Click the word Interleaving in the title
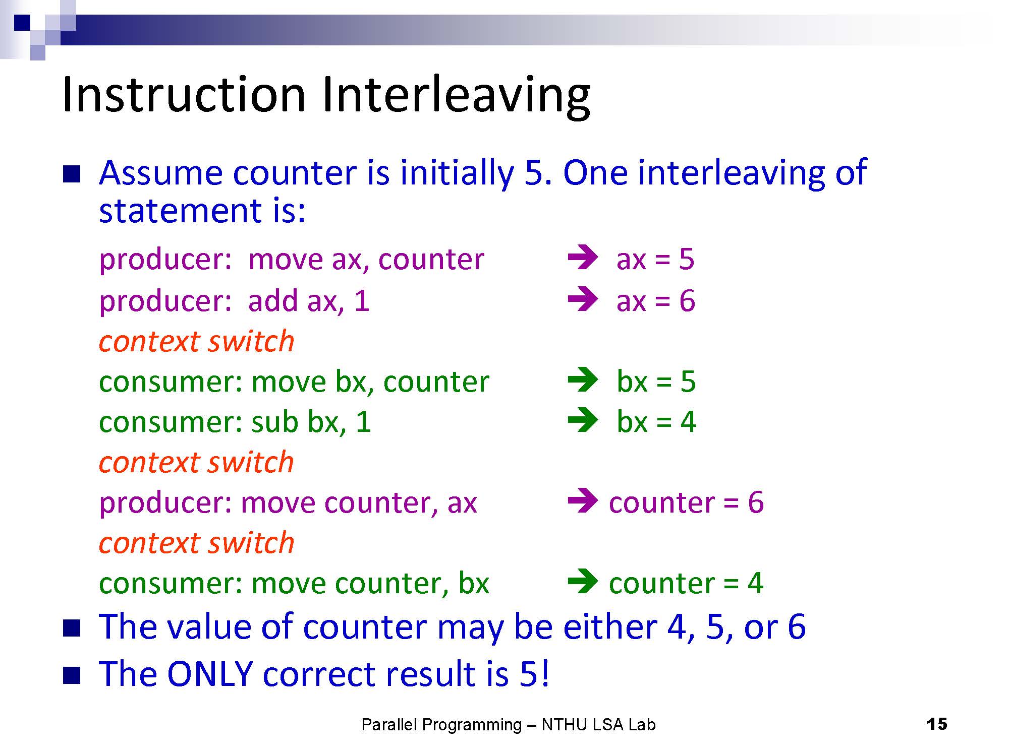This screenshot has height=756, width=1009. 456,96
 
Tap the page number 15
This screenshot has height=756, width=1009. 937,724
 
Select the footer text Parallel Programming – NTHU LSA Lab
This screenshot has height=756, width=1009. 509,725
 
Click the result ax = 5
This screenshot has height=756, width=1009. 655,259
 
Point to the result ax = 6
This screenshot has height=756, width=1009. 656,301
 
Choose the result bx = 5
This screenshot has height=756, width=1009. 656,381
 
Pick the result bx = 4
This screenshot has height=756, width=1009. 656,422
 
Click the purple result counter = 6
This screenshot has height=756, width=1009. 686,502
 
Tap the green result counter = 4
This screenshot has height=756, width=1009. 686,583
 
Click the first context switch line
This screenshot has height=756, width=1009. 196,342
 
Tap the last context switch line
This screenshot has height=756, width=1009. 196,543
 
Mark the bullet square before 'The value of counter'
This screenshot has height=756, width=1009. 72,628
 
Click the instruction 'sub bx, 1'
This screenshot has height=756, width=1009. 311,422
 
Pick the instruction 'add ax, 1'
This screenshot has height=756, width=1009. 309,301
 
